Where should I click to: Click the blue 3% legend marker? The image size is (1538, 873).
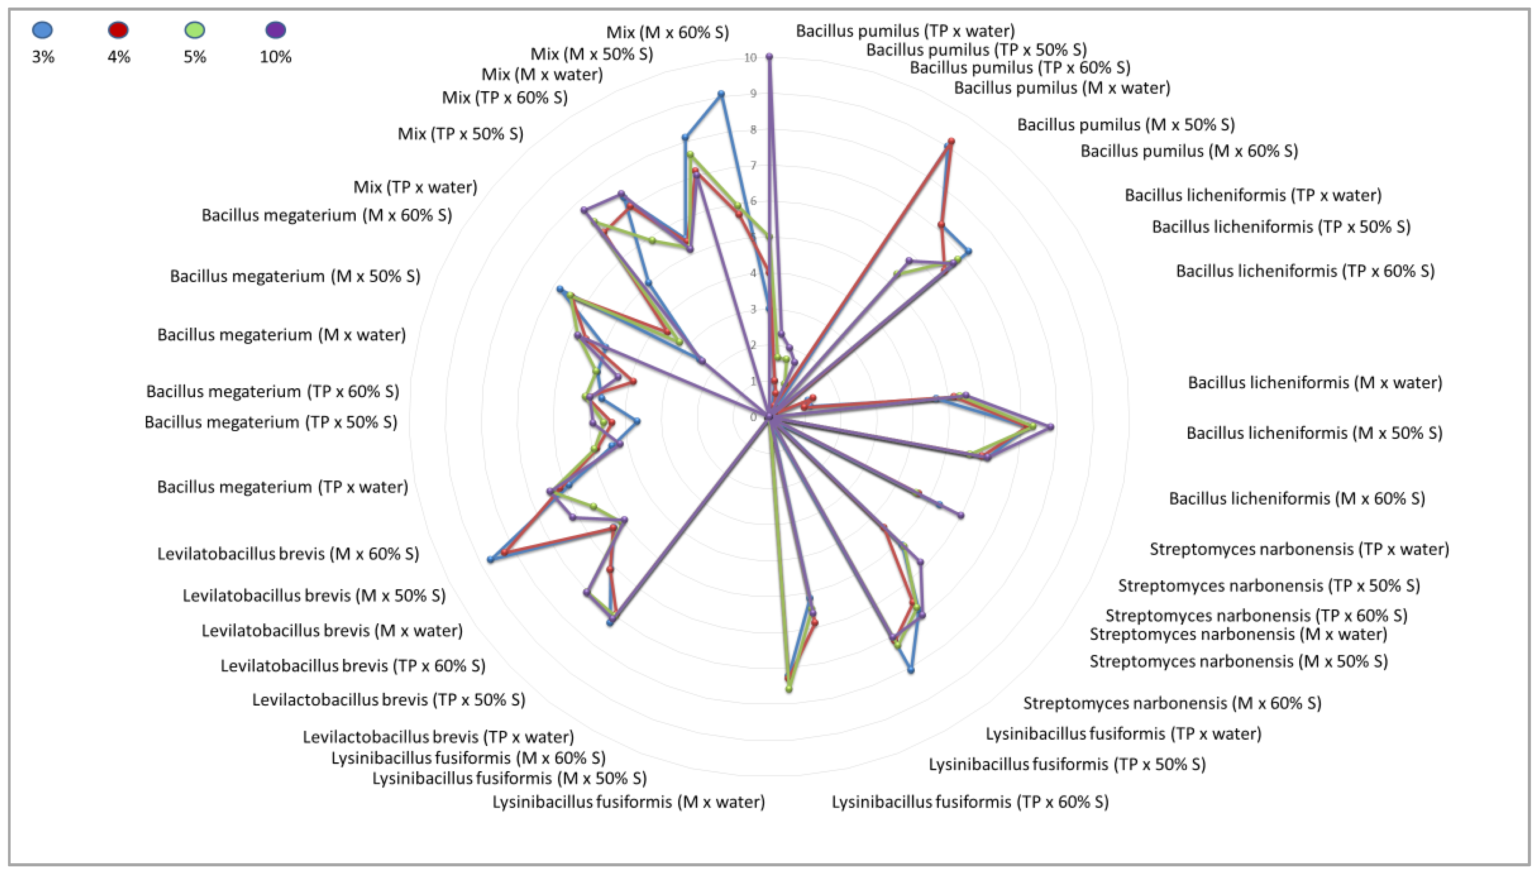tap(43, 30)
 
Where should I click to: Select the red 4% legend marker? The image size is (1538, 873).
tap(118, 30)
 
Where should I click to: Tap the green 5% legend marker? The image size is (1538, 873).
tap(195, 30)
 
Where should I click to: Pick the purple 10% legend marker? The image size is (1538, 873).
tap(276, 30)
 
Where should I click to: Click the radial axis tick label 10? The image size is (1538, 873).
tap(750, 58)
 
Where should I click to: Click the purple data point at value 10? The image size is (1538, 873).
tap(769, 57)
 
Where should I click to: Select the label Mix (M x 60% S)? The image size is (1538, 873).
tap(667, 32)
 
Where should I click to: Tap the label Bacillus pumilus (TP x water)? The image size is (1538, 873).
tap(905, 31)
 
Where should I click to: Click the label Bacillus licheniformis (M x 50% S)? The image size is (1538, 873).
tap(1314, 433)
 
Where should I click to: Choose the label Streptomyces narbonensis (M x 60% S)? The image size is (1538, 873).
tap(1172, 703)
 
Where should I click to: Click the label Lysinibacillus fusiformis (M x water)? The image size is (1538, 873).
tap(628, 802)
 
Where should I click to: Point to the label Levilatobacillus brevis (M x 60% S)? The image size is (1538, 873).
tap(288, 553)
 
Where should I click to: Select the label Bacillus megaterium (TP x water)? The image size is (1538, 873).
tap(282, 487)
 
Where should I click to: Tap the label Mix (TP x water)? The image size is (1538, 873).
tap(415, 187)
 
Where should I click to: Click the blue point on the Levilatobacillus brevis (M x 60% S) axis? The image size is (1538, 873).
tap(491, 560)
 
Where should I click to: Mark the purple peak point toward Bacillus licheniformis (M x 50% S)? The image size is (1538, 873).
tap(1050, 427)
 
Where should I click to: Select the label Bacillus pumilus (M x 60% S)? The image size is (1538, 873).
tap(1189, 151)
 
